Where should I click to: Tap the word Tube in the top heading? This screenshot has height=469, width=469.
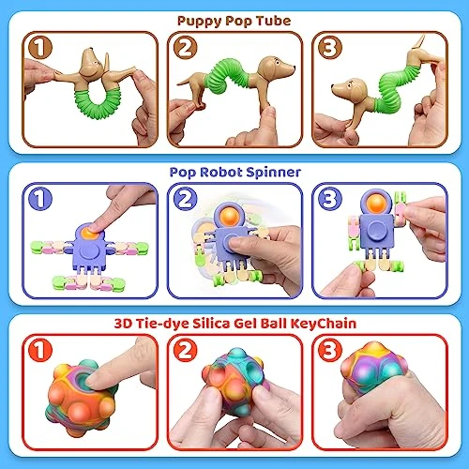274,21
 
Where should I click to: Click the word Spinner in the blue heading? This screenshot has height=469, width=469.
273,173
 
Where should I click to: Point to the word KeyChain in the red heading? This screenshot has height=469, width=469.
324,324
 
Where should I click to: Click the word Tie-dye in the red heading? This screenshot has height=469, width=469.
162,324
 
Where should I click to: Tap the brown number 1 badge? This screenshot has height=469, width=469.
40,47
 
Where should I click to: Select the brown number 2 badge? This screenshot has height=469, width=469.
186,47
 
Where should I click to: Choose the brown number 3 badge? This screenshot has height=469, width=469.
330,47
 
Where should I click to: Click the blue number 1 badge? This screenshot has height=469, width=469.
40,199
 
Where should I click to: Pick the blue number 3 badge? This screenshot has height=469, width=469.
330,199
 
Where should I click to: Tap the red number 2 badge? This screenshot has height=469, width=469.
186,350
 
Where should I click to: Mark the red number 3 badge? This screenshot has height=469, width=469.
330,350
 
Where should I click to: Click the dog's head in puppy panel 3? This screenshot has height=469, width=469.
350,88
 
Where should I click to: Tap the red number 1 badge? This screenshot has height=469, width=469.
40,350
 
